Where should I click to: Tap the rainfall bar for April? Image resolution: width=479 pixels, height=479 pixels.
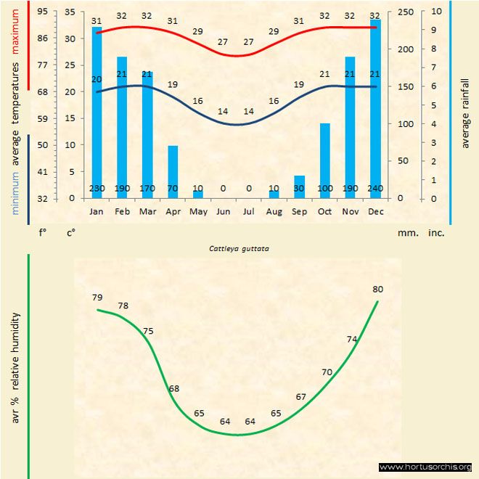click(x=173, y=171)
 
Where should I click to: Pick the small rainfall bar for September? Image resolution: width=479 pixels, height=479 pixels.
click(x=299, y=187)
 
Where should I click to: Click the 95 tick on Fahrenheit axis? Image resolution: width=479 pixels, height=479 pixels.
click(x=43, y=12)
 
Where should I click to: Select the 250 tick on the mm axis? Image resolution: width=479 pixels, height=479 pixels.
click(x=405, y=12)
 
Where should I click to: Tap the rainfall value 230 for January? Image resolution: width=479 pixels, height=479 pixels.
click(x=97, y=189)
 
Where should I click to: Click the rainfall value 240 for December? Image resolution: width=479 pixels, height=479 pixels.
click(x=375, y=189)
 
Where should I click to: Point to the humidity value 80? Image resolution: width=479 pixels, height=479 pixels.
click(x=377, y=289)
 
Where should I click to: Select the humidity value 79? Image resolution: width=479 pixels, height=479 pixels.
click(x=97, y=298)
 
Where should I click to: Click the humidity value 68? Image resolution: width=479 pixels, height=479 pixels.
click(x=174, y=389)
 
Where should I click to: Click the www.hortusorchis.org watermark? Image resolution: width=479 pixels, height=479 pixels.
click(x=425, y=467)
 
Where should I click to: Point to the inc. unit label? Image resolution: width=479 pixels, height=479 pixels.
click(x=435, y=233)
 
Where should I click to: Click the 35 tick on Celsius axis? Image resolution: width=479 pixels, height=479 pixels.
click(x=70, y=12)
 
